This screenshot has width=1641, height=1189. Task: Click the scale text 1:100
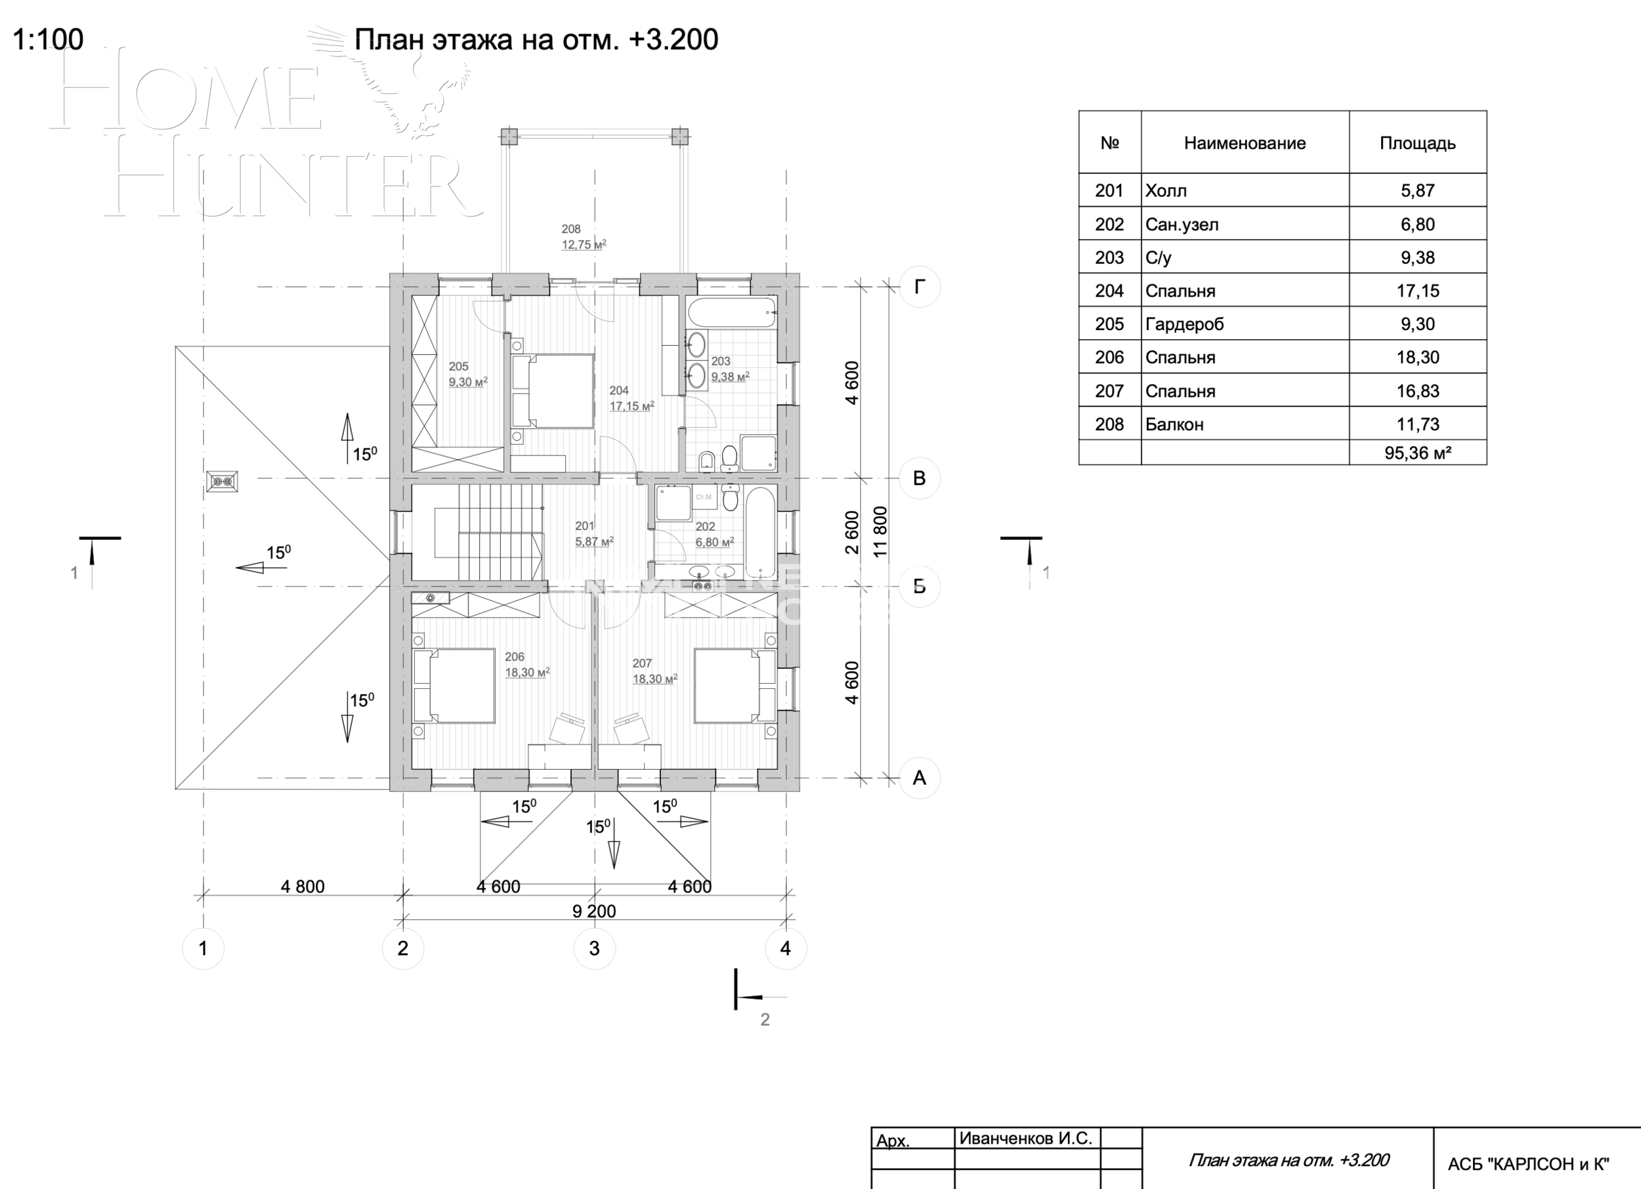click(x=48, y=39)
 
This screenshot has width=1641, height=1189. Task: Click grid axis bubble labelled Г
click(x=919, y=287)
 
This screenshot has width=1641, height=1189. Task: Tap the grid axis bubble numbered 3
click(x=594, y=948)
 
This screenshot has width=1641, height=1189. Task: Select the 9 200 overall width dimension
click(x=594, y=911)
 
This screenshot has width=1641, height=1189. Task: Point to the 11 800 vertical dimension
click(x=880, y=532)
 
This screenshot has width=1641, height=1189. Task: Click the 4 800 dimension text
click(x=303, y=886)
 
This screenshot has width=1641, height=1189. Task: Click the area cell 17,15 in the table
click(x=1417, y=291)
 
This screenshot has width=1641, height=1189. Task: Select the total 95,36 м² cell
click(x=1417, y=453)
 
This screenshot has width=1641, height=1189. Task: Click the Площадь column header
click(x=1417, y=143)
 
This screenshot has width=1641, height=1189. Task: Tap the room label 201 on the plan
click(x=585, y=526)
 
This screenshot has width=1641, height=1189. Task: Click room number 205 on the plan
click(x=458, y=366)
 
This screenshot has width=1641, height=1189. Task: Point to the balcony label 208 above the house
click(x=571, y=229)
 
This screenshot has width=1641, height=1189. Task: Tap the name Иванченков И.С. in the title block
click(x=1025, y=1138)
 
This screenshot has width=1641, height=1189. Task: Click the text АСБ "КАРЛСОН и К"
click(x=1528, y=1163)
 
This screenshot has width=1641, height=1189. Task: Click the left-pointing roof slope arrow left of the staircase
click(x=250, y=568)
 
